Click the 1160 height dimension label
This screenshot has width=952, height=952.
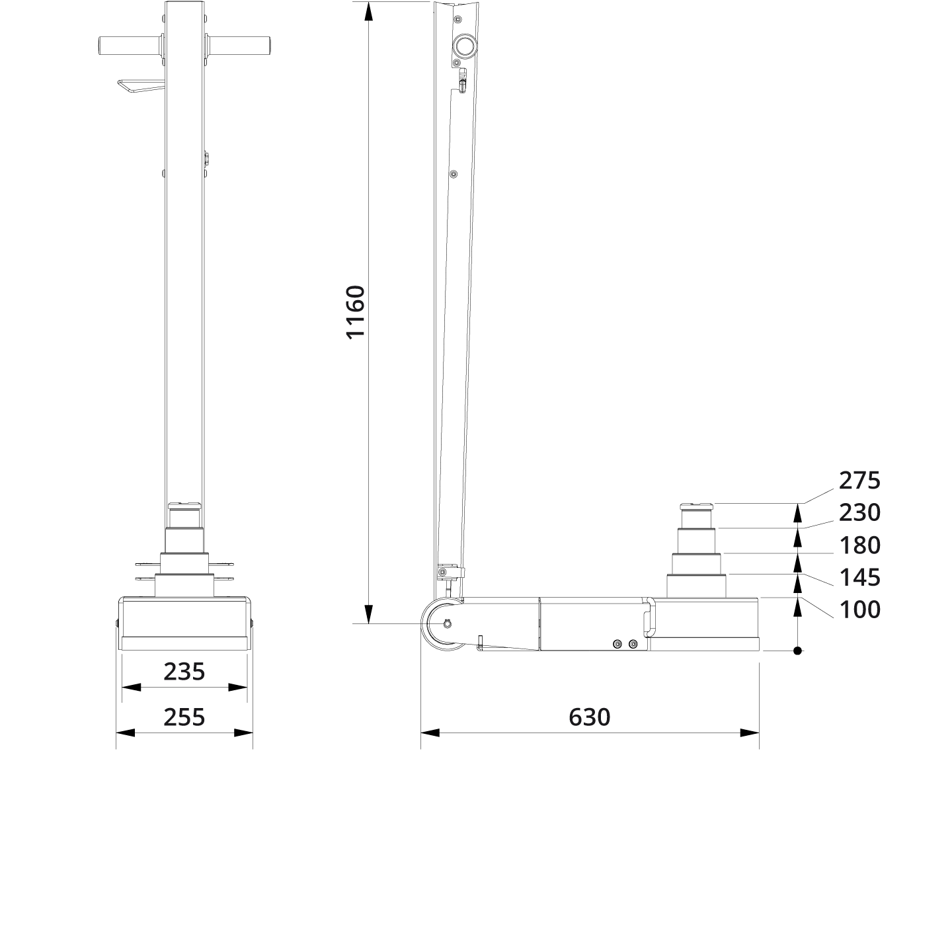[x=356, y=312]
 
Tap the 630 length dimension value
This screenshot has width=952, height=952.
[x=589, y=717]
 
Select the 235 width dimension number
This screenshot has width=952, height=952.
[x=184, y=672]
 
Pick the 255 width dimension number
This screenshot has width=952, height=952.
[x=184, y=717]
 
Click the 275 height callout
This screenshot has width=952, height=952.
[x=859, y=481]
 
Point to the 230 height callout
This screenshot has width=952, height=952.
[x=859, y=513]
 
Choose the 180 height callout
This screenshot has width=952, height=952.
[x=859, y=545]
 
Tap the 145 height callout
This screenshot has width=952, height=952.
[x=859, y=578]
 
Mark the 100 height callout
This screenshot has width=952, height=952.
[x=859, y=610]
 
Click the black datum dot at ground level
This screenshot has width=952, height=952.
[x=797, y=651]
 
